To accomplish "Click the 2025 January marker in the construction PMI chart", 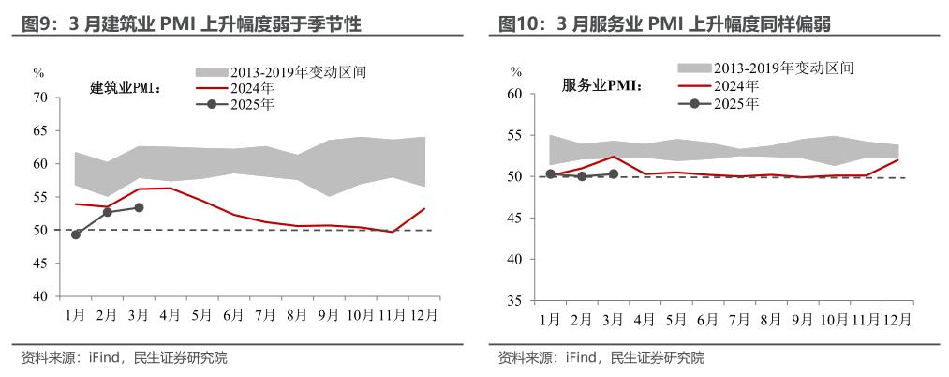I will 76,234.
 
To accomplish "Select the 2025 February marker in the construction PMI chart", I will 108,212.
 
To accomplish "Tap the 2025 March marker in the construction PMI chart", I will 139,207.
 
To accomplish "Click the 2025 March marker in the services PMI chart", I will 613,173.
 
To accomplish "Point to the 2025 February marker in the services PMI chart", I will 582,176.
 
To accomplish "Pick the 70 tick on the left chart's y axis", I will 39,98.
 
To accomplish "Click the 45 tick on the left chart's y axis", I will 39,264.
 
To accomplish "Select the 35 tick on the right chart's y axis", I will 514,301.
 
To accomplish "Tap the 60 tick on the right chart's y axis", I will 514,94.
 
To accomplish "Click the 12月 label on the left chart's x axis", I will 423,314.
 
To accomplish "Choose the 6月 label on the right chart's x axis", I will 707,319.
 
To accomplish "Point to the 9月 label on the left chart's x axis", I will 329,314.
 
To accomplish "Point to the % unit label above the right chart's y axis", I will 515,71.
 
